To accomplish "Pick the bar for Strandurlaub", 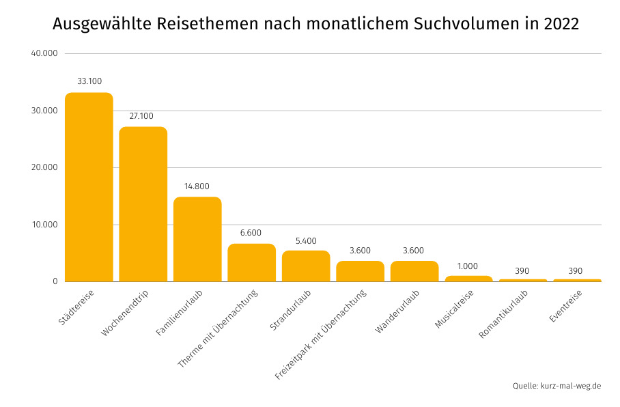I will [x=306, y=266].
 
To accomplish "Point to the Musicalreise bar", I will [x=468, y=279].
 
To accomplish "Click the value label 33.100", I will [x=89, y=81].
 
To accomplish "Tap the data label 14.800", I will [x=197, y=186].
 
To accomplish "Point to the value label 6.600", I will [x=251, y=233].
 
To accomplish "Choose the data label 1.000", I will [x=468, y=266].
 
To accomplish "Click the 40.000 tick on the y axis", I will [x=44, y=54].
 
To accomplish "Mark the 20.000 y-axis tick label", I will [x=44, y=167].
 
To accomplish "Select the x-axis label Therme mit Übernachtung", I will [x=217, y=329].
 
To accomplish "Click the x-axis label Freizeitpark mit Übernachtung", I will [x=321, y=335].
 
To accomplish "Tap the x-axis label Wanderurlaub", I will [x=397, y=312].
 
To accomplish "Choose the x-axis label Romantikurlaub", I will [x=504, y=315].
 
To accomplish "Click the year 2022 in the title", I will [x=561, y=25].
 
